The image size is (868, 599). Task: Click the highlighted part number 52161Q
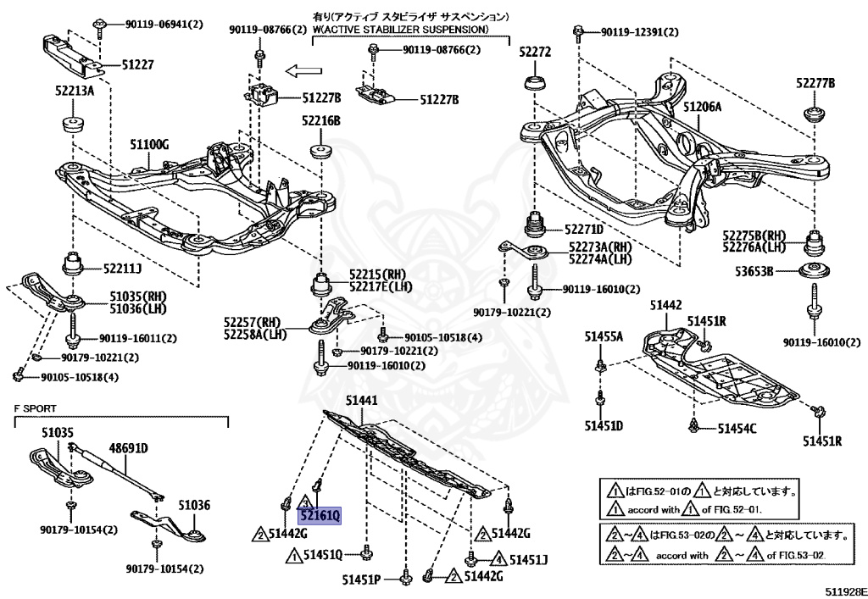[x=320, y=515]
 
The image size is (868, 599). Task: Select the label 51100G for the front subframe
[x=149, y=145]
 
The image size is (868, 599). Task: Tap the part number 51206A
[x=702, y=107]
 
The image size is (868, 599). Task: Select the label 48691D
[x=128, y=447]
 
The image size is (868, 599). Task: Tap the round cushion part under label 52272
[x=536, y=84]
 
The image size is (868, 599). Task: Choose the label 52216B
[x=320, y=122]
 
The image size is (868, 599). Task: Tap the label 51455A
[x=603, y=336]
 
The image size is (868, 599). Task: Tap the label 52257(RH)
[x=252, y=322]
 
